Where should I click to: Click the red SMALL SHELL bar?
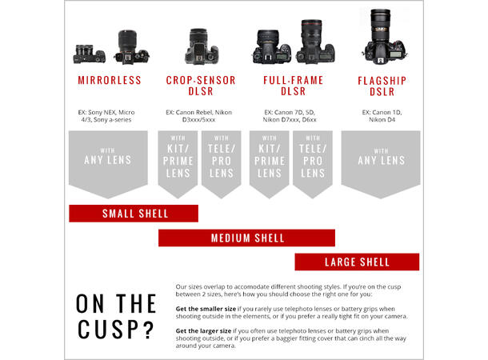134,214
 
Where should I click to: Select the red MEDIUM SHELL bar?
247,238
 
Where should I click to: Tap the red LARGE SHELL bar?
357,262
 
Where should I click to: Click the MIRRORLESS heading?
110,80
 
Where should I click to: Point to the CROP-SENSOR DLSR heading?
201,86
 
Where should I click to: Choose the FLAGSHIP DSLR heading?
382,86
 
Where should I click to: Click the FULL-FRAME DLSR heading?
293,86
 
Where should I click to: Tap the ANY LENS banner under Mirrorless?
108,164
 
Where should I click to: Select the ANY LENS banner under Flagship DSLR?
381,164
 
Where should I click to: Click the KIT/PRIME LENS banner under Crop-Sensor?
178,164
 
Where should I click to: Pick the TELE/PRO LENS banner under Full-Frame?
313,164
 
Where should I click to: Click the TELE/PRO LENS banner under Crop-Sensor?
222,164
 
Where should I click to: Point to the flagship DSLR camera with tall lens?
384,37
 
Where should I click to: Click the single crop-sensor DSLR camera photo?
202,46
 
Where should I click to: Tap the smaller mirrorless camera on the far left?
89,54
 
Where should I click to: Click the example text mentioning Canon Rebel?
199,116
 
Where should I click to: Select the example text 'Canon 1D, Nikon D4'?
382,116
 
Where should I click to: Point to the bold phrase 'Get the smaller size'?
206,309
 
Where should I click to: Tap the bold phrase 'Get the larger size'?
203,331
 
